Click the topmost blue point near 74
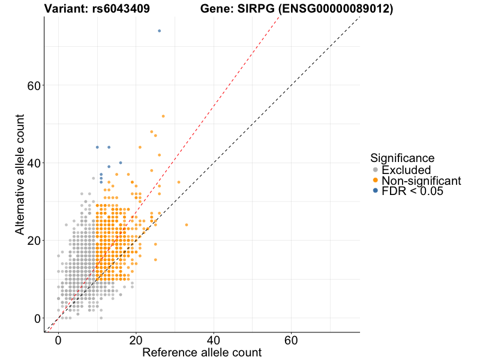click(159, 31)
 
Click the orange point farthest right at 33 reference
click(187, 225)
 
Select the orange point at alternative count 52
click(163, 116)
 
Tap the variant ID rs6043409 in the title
click(121, 9)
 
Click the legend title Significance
click(402, 158)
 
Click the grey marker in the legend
click(376, 170)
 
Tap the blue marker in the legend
click(376, 191)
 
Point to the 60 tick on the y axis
click(34, 85)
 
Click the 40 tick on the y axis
click(34, 163)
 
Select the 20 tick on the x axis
click(136, 339)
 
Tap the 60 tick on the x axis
click(292, 339)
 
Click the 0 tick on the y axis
click(37, 318)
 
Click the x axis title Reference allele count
click(202, 352)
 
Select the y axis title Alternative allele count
click(20, 174)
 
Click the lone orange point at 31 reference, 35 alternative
click(179, 182)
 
